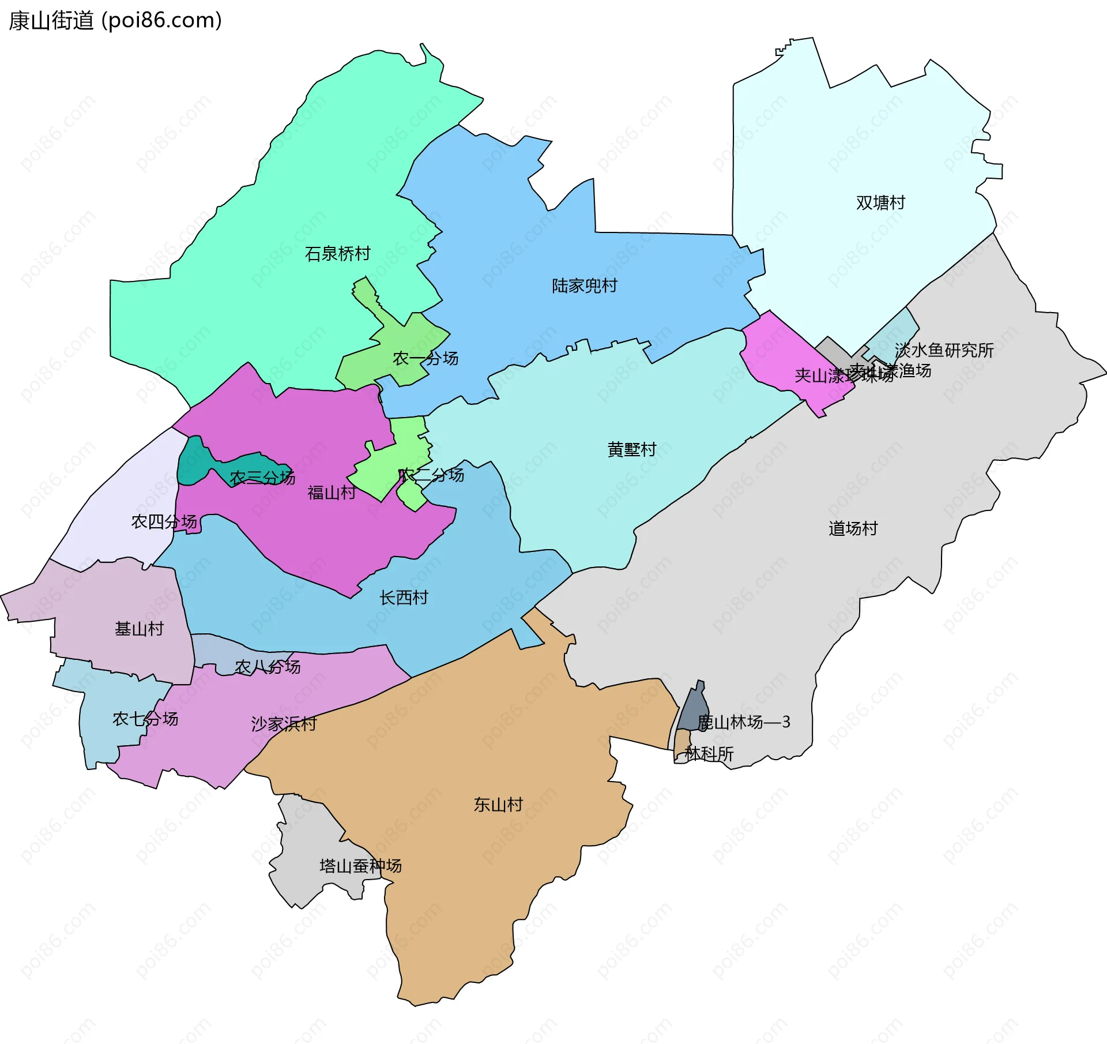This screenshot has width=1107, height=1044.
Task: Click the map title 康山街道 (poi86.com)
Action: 115,21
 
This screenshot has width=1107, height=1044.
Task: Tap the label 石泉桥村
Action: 337,254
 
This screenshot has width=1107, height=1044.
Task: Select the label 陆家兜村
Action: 584,286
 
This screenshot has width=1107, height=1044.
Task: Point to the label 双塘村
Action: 880,202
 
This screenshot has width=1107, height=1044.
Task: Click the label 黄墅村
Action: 631,449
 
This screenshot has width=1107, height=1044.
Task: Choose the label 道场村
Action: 853,528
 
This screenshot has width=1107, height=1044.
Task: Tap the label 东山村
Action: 498,805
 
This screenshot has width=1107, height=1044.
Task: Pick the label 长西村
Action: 404,598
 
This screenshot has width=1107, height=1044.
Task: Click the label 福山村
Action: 332,493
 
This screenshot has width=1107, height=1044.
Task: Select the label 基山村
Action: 139,629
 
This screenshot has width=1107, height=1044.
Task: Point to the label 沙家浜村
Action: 284,724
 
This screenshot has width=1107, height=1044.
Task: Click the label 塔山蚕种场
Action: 360,866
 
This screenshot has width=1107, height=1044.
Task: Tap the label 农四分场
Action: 164,522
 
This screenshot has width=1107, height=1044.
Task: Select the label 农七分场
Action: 145,719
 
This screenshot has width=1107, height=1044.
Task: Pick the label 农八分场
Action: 268,667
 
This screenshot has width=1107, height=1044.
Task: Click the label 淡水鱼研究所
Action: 944,350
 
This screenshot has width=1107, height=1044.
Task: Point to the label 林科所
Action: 709,754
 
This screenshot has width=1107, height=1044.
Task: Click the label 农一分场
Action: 426,358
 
